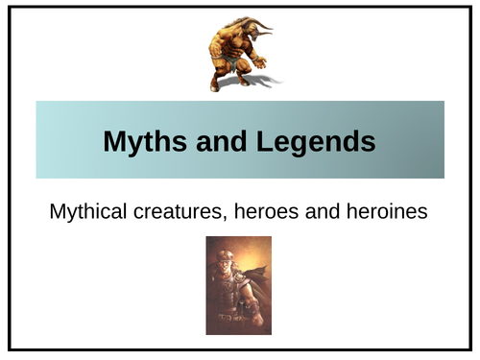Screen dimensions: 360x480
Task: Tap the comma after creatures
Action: [224, 217]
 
